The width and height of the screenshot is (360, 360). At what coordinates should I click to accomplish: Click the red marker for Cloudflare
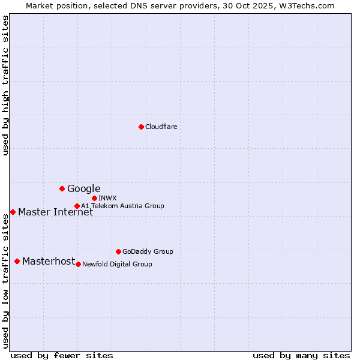tap(141, 127)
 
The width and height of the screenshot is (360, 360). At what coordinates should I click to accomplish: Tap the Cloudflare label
tap(161, 127)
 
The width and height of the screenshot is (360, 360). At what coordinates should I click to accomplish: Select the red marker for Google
tap(62, 188)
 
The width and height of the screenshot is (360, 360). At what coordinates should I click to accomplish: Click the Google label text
tap(83, 189)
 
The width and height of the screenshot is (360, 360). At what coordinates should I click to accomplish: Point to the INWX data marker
tap(94, 198)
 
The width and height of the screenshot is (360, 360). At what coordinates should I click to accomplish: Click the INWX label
tap(107, 198)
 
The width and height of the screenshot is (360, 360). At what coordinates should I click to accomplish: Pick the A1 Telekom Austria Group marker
tap(77, 206)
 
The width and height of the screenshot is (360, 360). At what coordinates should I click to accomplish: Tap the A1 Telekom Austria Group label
tap(122, 206)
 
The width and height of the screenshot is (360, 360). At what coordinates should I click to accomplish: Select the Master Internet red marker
tap(13, 212)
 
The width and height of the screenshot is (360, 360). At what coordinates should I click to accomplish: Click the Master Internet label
tap(55, 212)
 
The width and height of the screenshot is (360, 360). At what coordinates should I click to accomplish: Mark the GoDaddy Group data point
tap(118, 251)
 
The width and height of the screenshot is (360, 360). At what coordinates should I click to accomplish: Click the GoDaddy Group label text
tap(148, 251)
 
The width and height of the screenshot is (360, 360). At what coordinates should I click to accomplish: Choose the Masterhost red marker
tap(17, 261)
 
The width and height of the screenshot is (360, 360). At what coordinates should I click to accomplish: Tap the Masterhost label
tap(49, 261)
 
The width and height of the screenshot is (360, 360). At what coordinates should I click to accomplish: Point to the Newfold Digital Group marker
tap(78, 264)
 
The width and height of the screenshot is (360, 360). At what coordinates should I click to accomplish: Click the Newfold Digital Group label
tap(117, 264)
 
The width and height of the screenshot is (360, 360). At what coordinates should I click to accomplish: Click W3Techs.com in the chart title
tap(310, 5)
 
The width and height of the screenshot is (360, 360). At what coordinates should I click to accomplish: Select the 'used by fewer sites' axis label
tap(62, 355)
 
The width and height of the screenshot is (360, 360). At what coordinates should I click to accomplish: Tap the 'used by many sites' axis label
tap(301, 355)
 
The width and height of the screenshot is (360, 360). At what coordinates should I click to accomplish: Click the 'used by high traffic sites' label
tap(5, 86)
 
